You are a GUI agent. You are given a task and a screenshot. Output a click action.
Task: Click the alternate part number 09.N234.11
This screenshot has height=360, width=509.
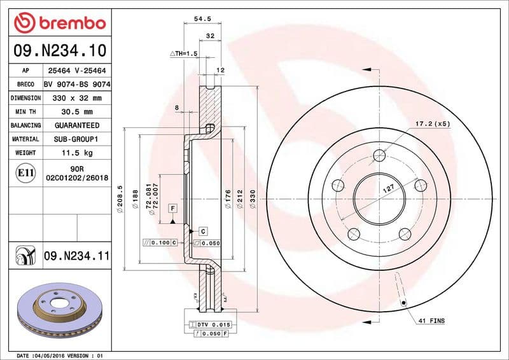77,256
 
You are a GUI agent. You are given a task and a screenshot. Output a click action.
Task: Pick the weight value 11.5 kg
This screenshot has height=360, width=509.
77,153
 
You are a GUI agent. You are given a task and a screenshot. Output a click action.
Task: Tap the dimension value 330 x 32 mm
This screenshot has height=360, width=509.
77,99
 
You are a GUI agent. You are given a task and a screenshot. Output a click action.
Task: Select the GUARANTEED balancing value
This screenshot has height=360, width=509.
77,125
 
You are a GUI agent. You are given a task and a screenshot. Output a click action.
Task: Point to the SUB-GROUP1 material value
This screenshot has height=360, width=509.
77,139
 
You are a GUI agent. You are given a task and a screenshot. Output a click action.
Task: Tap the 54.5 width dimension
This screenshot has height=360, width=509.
202,19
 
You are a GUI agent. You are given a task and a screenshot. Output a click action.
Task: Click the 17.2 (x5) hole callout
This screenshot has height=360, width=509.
433,123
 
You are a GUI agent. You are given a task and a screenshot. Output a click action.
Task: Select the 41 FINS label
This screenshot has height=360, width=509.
432,321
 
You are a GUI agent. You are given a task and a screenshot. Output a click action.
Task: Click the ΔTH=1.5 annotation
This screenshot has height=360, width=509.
184,53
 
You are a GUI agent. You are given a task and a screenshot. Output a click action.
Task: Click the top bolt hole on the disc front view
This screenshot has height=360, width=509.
380,156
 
